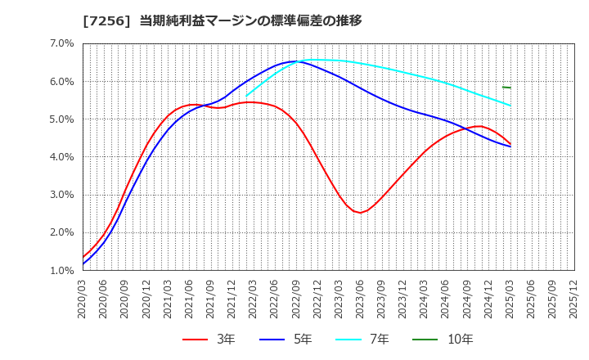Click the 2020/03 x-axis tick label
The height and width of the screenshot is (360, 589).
[83, 301]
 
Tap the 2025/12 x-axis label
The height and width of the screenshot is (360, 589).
[574, 301]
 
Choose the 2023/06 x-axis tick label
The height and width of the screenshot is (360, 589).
[361, 301]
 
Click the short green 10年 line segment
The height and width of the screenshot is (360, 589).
[506, 87]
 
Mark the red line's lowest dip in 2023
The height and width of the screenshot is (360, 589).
[360, 213]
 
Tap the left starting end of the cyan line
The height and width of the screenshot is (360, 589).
[246, 96]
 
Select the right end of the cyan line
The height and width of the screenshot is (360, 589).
[510, 106]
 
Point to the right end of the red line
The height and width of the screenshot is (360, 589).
[510, 143]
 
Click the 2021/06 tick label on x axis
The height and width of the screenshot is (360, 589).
[190, 301]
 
